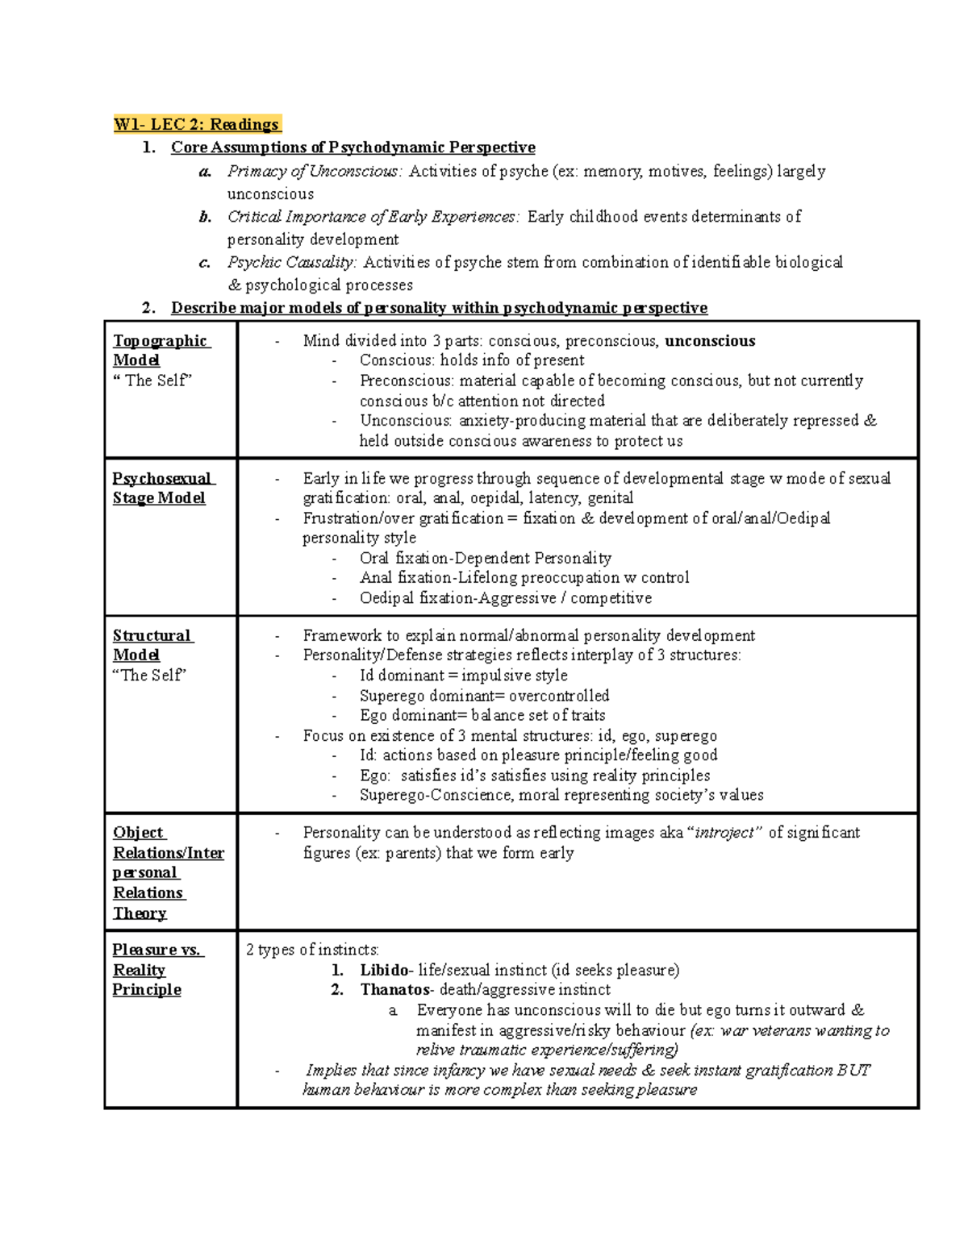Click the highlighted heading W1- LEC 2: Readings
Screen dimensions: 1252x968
197,124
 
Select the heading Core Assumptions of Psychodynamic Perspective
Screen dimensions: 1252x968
353,148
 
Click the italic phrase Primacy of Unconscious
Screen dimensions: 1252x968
314,171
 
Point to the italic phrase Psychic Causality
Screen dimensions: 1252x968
291,262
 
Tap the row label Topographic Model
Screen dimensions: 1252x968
160,350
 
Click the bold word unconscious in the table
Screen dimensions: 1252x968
709,341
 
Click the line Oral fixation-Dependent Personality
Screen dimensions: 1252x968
485,558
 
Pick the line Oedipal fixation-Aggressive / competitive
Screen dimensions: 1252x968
505,598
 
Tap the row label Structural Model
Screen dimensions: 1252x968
152,645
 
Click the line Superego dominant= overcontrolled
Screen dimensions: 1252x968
484,696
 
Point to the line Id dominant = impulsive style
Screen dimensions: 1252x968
463,676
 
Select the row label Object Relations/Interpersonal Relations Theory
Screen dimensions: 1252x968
168,872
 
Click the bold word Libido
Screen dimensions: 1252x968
384,970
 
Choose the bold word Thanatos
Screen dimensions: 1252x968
394,990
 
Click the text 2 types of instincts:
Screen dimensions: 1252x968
312,950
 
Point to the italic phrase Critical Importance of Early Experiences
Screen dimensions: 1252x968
373,217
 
